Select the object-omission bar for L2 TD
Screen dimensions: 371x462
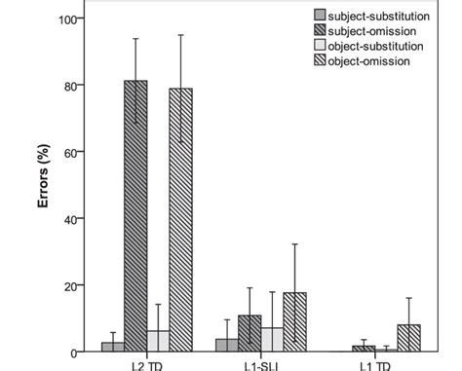point(180,220)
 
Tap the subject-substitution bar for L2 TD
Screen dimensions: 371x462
point(113,347)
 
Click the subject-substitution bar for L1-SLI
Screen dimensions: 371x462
point(226,345)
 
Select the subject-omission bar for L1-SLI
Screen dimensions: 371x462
point(250,333)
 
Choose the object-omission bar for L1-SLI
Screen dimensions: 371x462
point(294,322)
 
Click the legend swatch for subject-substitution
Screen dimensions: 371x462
point(320,15)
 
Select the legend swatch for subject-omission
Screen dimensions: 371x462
point(320,30)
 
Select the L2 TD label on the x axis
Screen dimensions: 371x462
point(147,366)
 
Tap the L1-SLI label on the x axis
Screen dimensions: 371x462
point(261,366)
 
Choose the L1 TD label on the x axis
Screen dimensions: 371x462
point(375,366)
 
